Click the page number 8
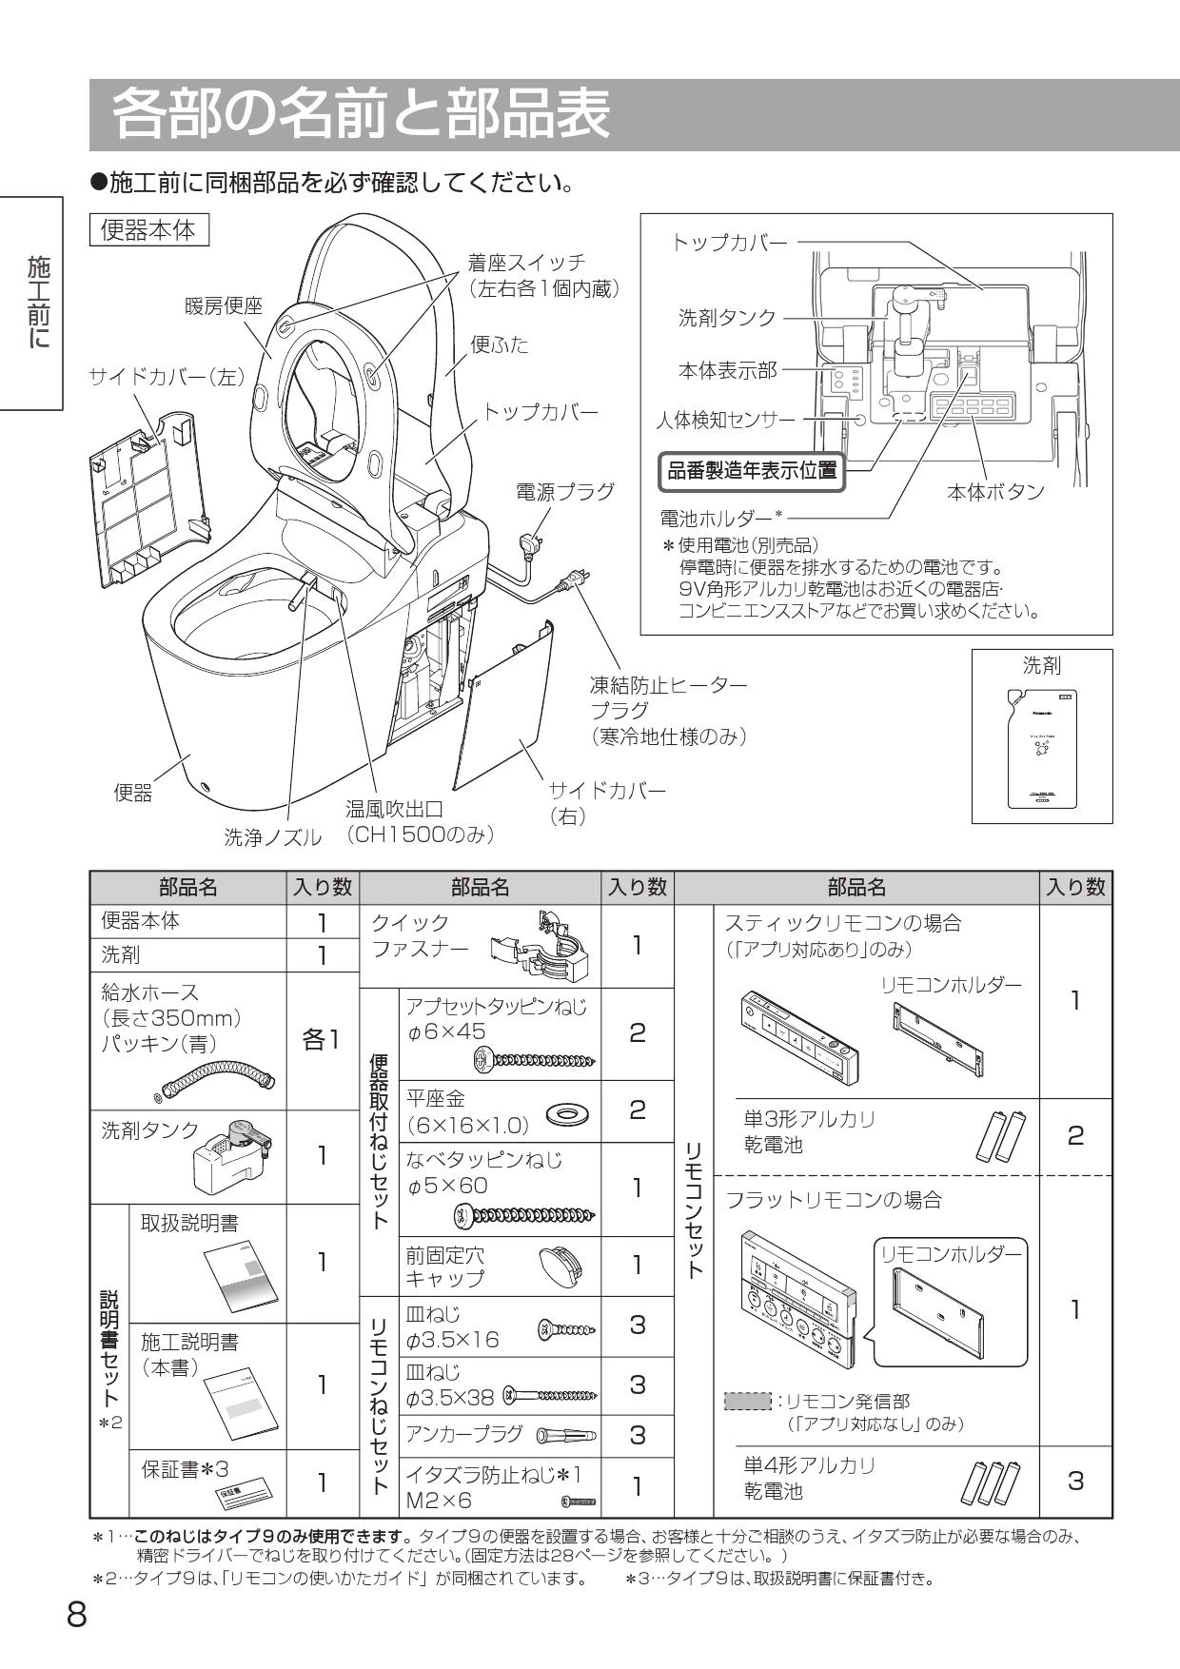pyautogui.click(x=76, y=1615)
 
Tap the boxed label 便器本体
pyautogui.click(x=148, y=230)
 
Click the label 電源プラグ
pyautogui.click(x=564, y=491)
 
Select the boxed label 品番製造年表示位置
pyautogui.click(x=752, y=470)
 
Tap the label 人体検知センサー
pyautogui.click(x=725, y=419)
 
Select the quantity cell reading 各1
pyautogui.click(x=322, y=1040)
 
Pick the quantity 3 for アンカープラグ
pyautogui.click(x=638, y=1434)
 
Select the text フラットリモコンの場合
pyautogui.click(x=834, y=1200)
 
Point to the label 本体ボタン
pyautogui.click(x=994, y=492)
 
